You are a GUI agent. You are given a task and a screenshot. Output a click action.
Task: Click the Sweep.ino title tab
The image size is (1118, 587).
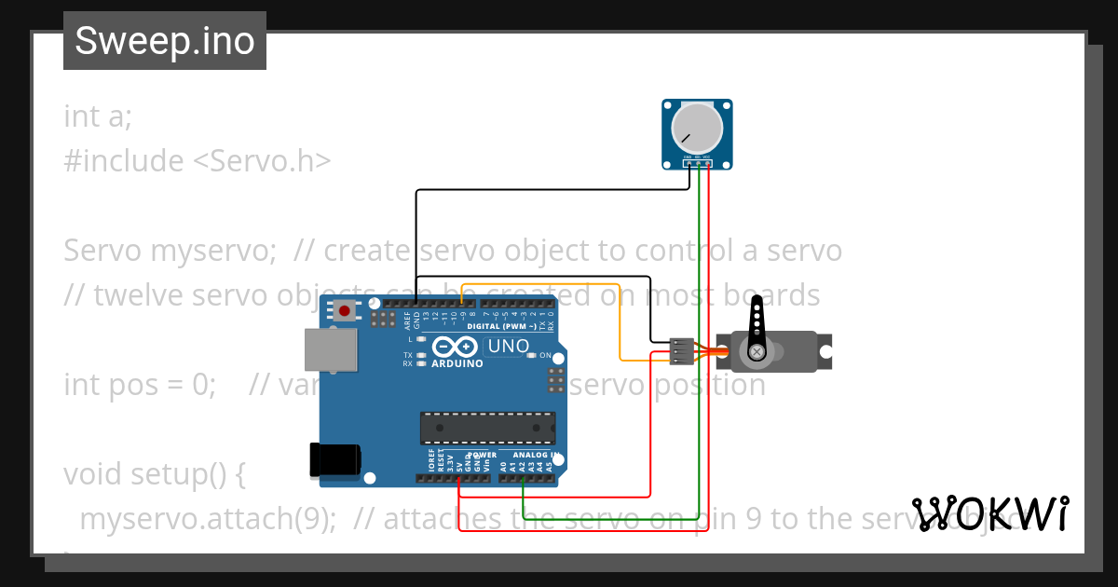(x=165, y=41)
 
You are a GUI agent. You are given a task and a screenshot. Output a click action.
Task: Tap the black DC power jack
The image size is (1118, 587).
(x=334, y=460)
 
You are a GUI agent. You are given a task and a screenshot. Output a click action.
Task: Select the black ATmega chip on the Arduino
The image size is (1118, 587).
(x=486, y=427)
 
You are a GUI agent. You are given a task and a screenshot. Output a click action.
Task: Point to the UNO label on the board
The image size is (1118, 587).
(x=509, y=347)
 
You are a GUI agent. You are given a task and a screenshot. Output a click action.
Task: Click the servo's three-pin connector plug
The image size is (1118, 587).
(x=681, y=351)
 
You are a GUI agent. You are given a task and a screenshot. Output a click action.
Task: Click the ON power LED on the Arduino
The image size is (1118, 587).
(x=531, y=355)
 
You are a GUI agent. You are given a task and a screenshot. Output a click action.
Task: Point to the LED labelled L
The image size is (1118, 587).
(x=422, y=339)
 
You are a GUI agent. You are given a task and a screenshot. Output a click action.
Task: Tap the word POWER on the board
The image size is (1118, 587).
(x=482, y=456)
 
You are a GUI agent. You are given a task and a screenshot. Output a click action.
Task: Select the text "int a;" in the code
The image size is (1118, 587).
(x=98, y=116)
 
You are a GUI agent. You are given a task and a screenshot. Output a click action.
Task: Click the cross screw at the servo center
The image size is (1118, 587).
(x=757, y=351)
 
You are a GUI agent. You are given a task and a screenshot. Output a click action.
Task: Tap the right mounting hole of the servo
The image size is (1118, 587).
(x=824, y=350)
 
